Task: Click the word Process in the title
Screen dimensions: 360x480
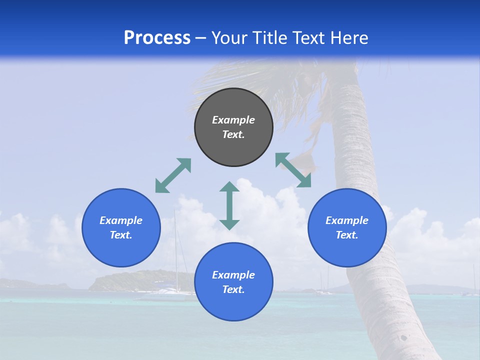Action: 157,38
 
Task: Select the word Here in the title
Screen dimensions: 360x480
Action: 349,38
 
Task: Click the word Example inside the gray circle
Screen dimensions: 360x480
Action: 233,120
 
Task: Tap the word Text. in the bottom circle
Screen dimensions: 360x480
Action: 233,289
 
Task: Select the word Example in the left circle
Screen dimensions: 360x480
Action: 121,220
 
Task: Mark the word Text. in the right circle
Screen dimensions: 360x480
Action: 347,235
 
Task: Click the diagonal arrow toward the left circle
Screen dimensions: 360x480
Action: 173,175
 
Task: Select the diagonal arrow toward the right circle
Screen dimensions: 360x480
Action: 293,170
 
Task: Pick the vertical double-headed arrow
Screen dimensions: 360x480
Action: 229,205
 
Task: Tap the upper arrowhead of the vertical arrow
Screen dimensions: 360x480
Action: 229,187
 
